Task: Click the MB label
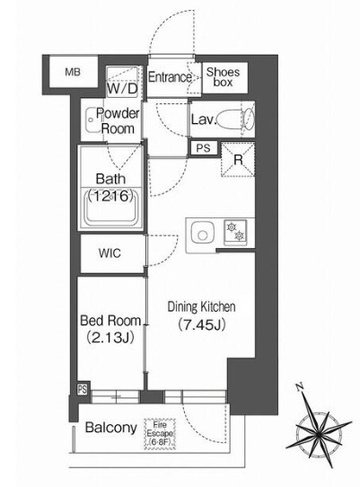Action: pyautogui.click(x=73, y=73)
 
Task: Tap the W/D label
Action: pyautogui.click(x=122, y=89)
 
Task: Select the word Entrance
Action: pyautogui.click(x=170, y=77)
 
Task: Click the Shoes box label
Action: pyautogui.click(x=223, y=76)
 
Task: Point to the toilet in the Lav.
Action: pyautogui.click(x=235, y=119)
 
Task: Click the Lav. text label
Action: pyautogui.click(x=203, y=120)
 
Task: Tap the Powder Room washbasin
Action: pyautogui.click(x=92, y=120)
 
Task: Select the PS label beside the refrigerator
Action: pyautogui.click(x=203, y=148)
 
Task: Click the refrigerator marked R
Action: pyautogui.click(x=238, y=160)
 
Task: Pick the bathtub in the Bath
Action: pyautogui.click(x=111, y=208)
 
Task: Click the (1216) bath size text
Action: pyautogui.click(x=111, y=196)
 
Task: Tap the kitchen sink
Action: pyautogui.click(x=203, y=233)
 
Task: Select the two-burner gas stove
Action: pyautogui.click(x=235, y=232)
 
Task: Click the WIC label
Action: pyautogui.click(x=110, y=253)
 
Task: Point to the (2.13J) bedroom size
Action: pyautogui.click(x=110, y=337)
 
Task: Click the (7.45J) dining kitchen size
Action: pyautogui.click(x=201, y=325)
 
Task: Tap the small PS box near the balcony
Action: pyautogui.click(x=83, y=389)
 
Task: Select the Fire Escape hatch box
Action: pyautogui.click(x=160, y=434)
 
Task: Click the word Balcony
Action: pyautogui.click(x=110, y=428)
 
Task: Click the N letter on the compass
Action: pyautogui.click(x=300, y=387)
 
